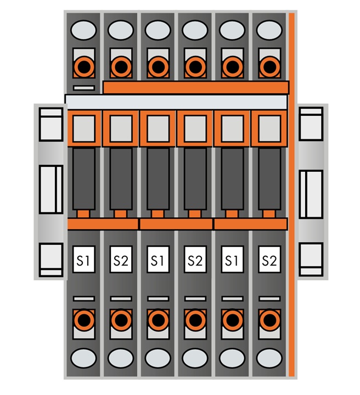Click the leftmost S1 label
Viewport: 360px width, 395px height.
click(x=83, y=259)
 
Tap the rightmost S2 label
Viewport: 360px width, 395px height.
click(x=269, y=259)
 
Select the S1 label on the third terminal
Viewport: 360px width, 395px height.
click(x=158, y=259)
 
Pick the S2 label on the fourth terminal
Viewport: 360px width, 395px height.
click(x=195, y=259)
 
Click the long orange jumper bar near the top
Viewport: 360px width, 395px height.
click(x=196, y=87)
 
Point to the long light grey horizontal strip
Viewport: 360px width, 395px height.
click(x=176, y=102)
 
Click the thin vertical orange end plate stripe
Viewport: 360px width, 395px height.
click(x=291, y=194)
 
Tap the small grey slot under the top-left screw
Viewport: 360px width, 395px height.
click(x=84, y=88)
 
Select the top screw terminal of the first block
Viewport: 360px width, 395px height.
click(x=84, y=67)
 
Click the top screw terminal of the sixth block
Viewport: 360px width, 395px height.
click(x=269, y=67)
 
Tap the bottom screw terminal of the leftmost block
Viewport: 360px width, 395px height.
click(x=84, y=320)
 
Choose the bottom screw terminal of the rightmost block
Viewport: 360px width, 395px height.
click(x=269, y=320)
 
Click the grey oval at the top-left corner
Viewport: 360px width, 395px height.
click(x=83, y=30)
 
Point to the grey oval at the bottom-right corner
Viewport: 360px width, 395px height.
click(x=269, y=358)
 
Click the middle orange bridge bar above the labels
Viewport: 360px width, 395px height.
click(x=176, y=224)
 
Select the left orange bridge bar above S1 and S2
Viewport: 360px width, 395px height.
click(x=103, y=224)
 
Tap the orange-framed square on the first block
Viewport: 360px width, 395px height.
click(x=84, y=128)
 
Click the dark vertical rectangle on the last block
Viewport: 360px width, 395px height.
click(x=269, y=179)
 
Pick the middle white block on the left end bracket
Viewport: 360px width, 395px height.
click(x=51, y=189)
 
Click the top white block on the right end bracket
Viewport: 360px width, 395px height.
click(x=311, y=123)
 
